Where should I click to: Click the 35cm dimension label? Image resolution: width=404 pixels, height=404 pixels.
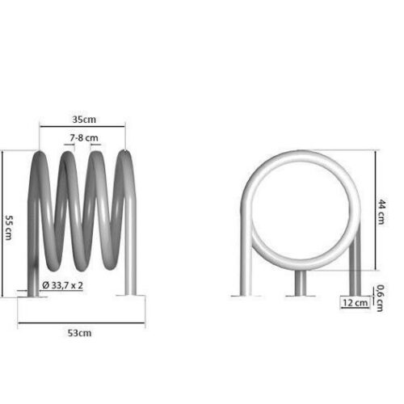click(84, 120)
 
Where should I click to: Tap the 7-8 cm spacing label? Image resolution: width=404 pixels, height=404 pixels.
click(84, 138)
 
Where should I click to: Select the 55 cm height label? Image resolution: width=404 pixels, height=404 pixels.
click(9, 228)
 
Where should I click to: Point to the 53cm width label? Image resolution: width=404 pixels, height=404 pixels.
click(79, 333)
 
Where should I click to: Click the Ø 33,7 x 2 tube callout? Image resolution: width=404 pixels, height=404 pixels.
click(62, 285)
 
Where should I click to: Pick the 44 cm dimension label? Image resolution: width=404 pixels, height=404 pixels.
click(382, 212)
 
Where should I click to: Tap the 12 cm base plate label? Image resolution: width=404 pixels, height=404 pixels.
click(355, 303)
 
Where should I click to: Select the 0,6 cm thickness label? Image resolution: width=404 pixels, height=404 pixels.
click(379, 298)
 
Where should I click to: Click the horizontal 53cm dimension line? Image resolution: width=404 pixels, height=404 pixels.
click(82, 322)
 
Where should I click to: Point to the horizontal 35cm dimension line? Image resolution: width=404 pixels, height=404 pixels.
click(82, 126)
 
